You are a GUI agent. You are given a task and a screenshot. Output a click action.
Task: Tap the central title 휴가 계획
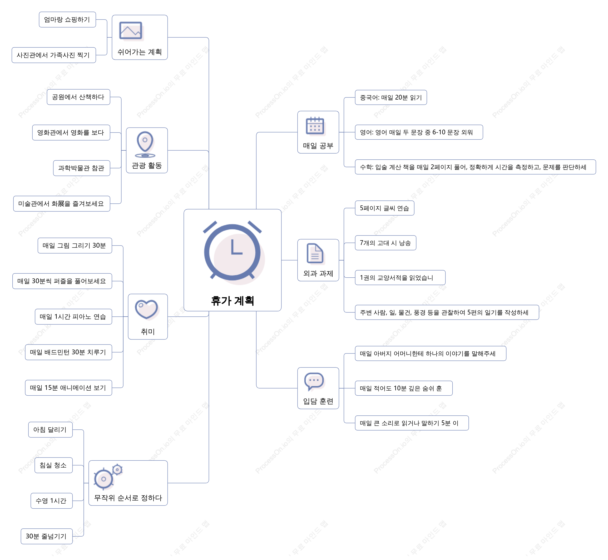(233, 301)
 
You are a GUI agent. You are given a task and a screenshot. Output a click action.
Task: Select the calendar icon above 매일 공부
(315, 126)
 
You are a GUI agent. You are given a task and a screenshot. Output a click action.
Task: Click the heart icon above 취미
(147, 310)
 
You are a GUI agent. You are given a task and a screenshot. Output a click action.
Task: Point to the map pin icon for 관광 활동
(145, 145)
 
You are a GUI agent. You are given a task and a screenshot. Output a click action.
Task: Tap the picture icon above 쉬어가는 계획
(131, 31)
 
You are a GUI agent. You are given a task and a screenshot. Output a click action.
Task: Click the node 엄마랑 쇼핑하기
(67, 20)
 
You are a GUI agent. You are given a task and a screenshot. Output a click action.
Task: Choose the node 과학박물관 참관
(81, 168)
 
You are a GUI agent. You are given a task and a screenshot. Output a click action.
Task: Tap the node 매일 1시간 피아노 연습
(73, 317)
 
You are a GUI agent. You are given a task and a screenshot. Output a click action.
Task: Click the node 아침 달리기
(51, 430)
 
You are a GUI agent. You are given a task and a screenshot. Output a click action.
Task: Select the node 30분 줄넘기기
(47, 536)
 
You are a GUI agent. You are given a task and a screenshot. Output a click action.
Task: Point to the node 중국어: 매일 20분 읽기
(391, 97)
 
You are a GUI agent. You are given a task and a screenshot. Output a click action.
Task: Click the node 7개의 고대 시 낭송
(385, 243)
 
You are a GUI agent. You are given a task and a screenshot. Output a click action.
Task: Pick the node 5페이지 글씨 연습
(384, 208)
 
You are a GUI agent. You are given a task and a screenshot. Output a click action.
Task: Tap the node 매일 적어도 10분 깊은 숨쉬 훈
(403, 389)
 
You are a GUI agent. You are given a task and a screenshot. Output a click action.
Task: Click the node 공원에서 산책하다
(78, 97)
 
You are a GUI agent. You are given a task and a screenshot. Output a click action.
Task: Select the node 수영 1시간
(52, 501)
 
